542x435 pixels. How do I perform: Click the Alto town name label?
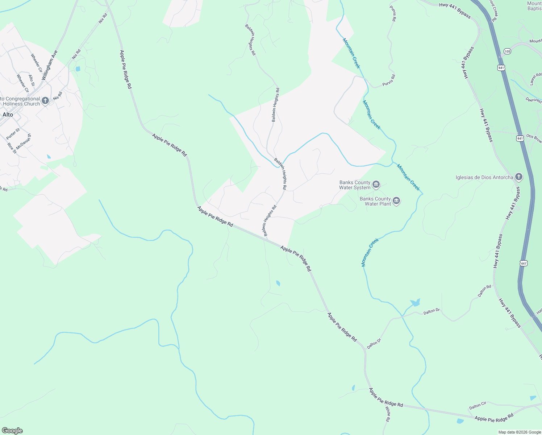click(x=8, y=115)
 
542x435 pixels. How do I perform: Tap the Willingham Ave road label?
click(x=49, y=65)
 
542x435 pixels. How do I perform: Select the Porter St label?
click(x=13, y=134)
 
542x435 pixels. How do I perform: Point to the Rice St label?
click(x=12, y=148)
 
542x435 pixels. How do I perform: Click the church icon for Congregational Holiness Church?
click(x=45, y=101)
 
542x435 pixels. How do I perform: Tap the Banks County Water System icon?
click(x=376, y=185)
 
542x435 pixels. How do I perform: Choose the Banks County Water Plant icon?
click(x=396, y=201)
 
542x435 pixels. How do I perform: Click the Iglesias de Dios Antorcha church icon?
click(x=519, y=177)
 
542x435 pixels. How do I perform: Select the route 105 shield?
click(x=507, y=51)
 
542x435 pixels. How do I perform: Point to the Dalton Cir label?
click(x=478, y=406)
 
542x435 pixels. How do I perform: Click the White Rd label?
click(x=388, y=414)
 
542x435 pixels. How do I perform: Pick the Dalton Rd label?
click(x=484, y=291)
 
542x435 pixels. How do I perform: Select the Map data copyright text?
click(x=520, y=432)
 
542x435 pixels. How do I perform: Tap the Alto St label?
click(x=32, y=80)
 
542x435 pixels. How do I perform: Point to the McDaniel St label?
click(x=24, y=141)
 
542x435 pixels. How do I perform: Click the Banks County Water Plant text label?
click(x=375, y=201)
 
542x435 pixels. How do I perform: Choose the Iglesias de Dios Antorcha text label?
click(x=484, y=177)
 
